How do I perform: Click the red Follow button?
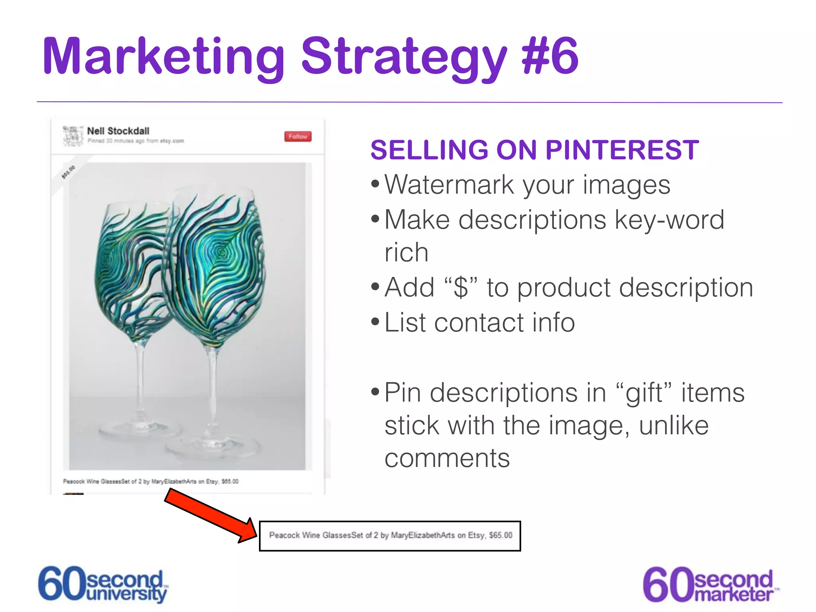[x=298, y=137]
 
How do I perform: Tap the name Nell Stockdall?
[x=118, y=131]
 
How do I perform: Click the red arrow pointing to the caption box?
[x=211, y=516]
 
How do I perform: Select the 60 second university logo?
[x=103, y=584]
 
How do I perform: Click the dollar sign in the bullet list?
[x=461, y=288]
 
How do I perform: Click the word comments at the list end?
[x=447, y=458]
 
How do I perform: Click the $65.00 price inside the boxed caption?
[x=500, y=535]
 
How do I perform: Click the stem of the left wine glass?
[x=139, y=379]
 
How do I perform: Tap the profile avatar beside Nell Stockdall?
[x=73, y=135]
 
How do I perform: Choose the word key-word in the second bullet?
[x=669, y=220]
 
